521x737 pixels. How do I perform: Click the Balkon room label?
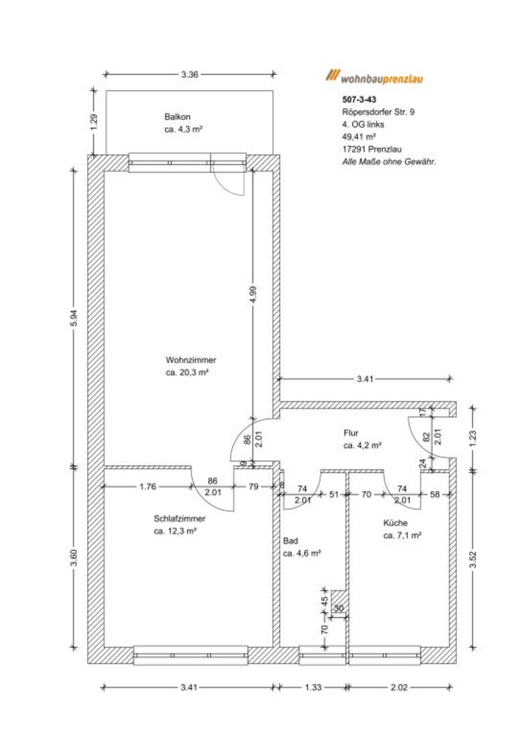point(177,117)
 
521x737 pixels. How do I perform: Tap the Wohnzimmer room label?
point(191,360)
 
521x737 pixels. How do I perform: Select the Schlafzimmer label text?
point(179,519)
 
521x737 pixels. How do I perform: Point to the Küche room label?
point(395,523)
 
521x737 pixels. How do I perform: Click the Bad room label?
point(291,541)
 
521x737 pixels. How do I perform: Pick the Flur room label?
point(351,433)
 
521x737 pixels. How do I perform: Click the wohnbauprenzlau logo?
point(374,77)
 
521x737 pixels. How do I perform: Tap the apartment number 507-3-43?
point(359,100)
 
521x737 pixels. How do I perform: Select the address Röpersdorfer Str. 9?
point(378,112)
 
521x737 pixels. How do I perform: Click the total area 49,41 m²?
point(359,136)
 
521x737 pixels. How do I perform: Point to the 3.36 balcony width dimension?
point(190,74)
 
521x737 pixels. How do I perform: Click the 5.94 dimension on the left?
point(74,319)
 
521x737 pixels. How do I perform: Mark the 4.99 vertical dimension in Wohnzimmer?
point(253,295)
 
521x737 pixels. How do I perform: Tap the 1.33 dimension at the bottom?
point(313,687)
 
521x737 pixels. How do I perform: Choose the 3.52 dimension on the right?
point(473,560)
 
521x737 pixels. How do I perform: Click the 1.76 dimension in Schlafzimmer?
point(147,487)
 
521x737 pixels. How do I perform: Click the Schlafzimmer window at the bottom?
point(191,655)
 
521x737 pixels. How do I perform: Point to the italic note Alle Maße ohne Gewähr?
point(389,162)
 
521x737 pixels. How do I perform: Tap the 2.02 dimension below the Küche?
point(399,687)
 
